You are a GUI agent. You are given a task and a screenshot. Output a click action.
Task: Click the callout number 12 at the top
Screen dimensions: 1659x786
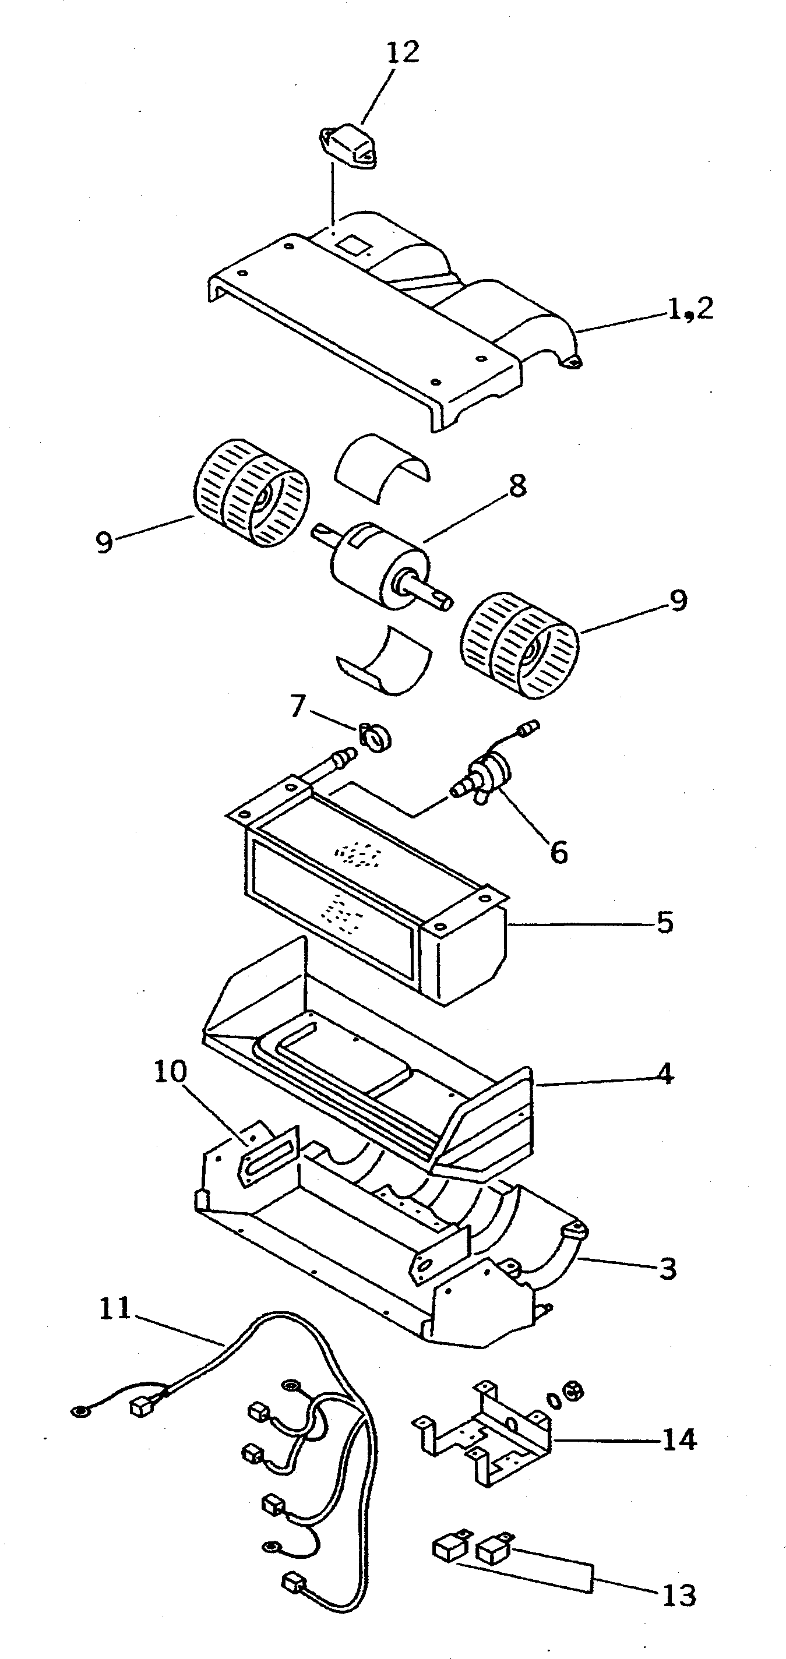[x=403, y=51]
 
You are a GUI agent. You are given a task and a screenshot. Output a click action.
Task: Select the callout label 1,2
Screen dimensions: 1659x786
[x=690, y=310]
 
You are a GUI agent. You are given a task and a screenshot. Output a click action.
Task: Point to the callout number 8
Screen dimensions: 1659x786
[x=517, y=486]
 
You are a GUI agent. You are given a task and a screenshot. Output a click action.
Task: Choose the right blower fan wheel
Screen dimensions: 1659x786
[x=519, y=645]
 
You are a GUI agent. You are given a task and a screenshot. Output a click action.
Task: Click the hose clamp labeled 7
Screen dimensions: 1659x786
[x=376, y=736]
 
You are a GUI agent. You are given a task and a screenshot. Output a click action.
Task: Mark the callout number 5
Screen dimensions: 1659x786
[x=665, y=923]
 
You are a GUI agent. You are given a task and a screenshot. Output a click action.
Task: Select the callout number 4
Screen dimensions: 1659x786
[x=665, y=1074]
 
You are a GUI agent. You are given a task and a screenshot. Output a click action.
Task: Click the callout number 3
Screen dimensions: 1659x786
[x=668, y=1269]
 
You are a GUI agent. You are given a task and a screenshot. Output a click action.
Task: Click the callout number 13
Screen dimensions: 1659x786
[x=678, y=1596]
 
